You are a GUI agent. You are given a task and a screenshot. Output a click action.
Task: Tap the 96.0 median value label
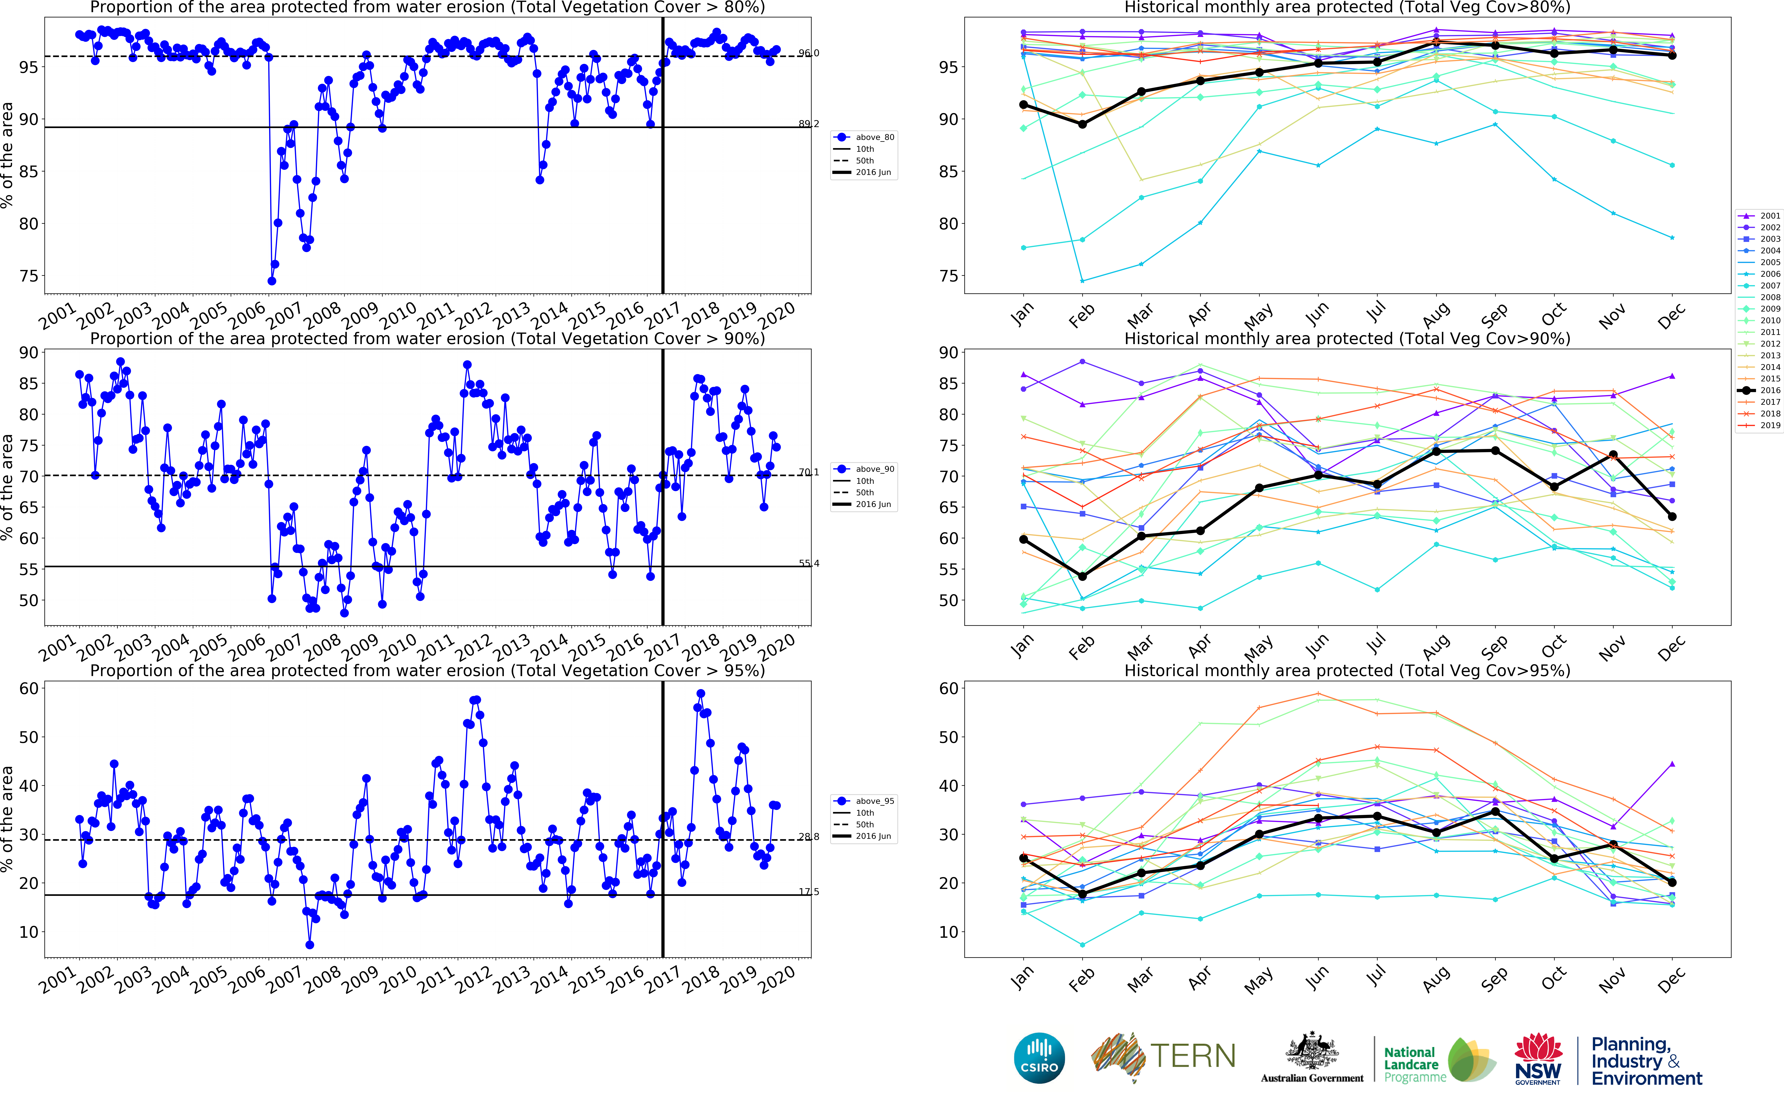pyautogui.click(x=808, y=53)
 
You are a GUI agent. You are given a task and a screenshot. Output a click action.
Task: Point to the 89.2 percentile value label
pyautogui.click(x=808, y=124)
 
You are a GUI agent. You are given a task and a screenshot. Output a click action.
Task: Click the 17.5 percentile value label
pyautogui.click(x=808, y=892)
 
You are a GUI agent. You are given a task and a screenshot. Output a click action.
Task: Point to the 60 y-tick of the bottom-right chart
pyautogui.click(x=948, y=688)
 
